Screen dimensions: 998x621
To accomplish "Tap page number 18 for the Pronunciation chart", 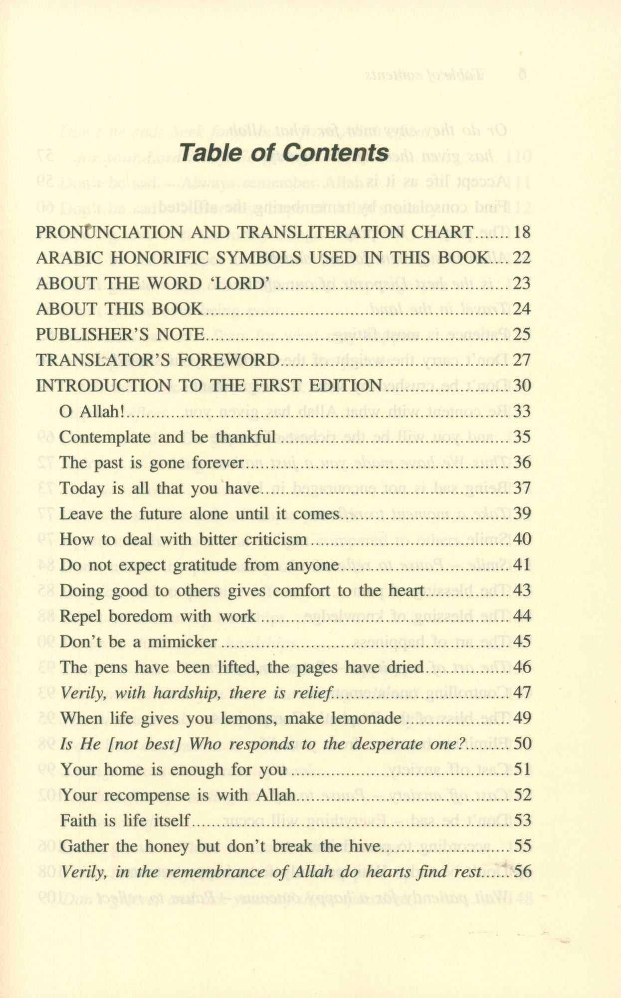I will click(521, 232).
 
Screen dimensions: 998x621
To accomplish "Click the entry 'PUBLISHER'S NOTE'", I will click(120, 334).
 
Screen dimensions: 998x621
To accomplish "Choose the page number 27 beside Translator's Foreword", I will click(521, 360).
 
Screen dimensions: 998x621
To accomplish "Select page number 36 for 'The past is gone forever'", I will click(521, 463).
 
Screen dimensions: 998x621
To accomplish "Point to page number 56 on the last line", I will click(521, 872).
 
